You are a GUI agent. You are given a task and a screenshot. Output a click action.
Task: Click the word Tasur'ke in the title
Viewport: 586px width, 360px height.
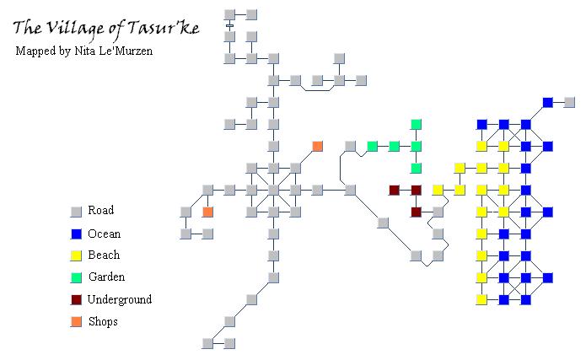164,28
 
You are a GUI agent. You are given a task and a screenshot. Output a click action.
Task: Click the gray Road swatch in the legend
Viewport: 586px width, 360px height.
76,212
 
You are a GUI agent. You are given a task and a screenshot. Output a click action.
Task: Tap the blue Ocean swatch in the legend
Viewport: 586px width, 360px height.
76,234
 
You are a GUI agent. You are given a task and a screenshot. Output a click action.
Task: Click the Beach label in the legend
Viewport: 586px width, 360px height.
104,255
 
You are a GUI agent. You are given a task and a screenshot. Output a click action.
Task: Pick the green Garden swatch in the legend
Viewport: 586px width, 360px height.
76,277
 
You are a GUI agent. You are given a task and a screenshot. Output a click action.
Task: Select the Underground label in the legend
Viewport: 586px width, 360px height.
120,299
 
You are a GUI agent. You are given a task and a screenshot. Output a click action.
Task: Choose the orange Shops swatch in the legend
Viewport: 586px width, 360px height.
76,321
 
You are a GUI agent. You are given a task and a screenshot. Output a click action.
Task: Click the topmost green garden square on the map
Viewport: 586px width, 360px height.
416,124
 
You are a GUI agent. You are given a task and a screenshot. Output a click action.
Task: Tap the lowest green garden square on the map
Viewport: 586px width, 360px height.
416,169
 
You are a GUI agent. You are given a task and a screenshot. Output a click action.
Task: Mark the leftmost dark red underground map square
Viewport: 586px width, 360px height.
395,190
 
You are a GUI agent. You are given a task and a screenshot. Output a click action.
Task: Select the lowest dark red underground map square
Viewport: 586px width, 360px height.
416,212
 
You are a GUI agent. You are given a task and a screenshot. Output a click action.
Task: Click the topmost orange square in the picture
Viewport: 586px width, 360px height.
317,146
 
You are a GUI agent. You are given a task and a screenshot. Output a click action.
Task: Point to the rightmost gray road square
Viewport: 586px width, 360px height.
569,102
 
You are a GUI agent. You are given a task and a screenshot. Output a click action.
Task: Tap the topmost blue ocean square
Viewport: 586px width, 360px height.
547,102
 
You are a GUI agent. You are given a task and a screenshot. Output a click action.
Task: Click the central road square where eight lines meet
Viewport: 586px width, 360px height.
273,190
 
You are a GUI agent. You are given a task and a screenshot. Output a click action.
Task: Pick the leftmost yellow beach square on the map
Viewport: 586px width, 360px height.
438,190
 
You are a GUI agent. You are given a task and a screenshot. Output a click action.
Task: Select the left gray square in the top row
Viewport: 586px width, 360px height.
229,14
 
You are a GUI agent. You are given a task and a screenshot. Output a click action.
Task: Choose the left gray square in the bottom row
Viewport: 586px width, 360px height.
207,343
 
